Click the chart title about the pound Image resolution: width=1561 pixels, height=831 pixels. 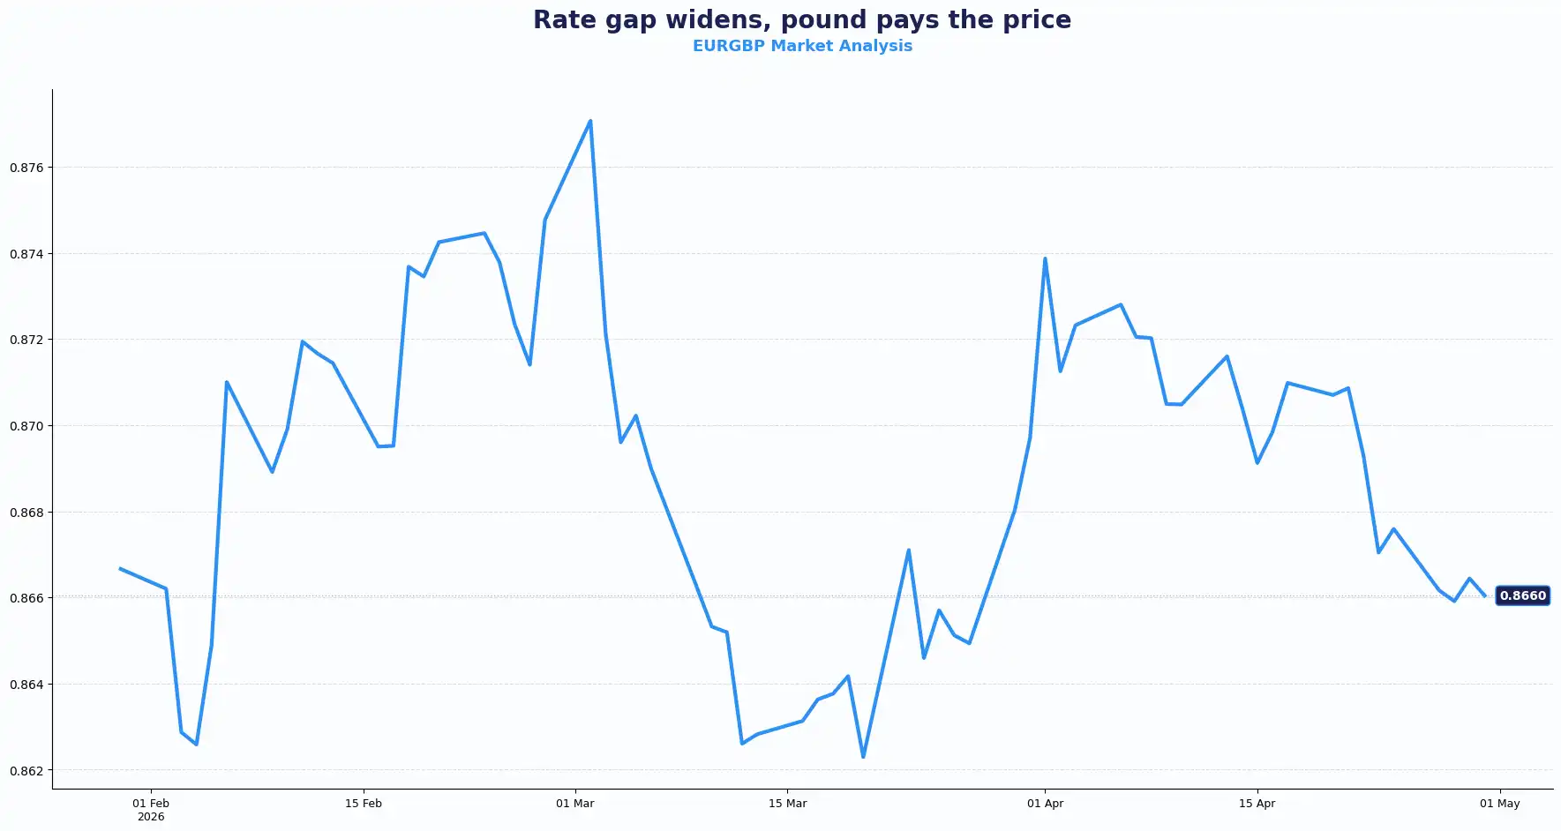[x=801, y=19]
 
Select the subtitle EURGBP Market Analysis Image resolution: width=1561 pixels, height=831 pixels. [x=801, y=46]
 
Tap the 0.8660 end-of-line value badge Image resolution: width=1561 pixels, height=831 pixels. [x=1522, y=595]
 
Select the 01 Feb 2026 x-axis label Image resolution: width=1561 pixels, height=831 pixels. [x=151, y=809]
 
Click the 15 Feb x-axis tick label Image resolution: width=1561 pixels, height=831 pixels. [x=364, y=804]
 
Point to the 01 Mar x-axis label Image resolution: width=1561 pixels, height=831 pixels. [x=575, y=804]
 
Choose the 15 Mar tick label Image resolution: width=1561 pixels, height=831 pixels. [x=787, y=804]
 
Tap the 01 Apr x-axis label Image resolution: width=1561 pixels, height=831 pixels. [x=1045, y=804]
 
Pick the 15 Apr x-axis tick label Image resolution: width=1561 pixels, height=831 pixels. [x=1257, y=804]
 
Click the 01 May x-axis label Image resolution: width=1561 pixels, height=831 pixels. [x=1499, y=804]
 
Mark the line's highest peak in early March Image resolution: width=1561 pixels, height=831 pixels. [x=590, y=121]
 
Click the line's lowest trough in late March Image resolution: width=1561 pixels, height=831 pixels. [x=863, y=756]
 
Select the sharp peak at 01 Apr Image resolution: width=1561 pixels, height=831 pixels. [x=1045, y=258]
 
